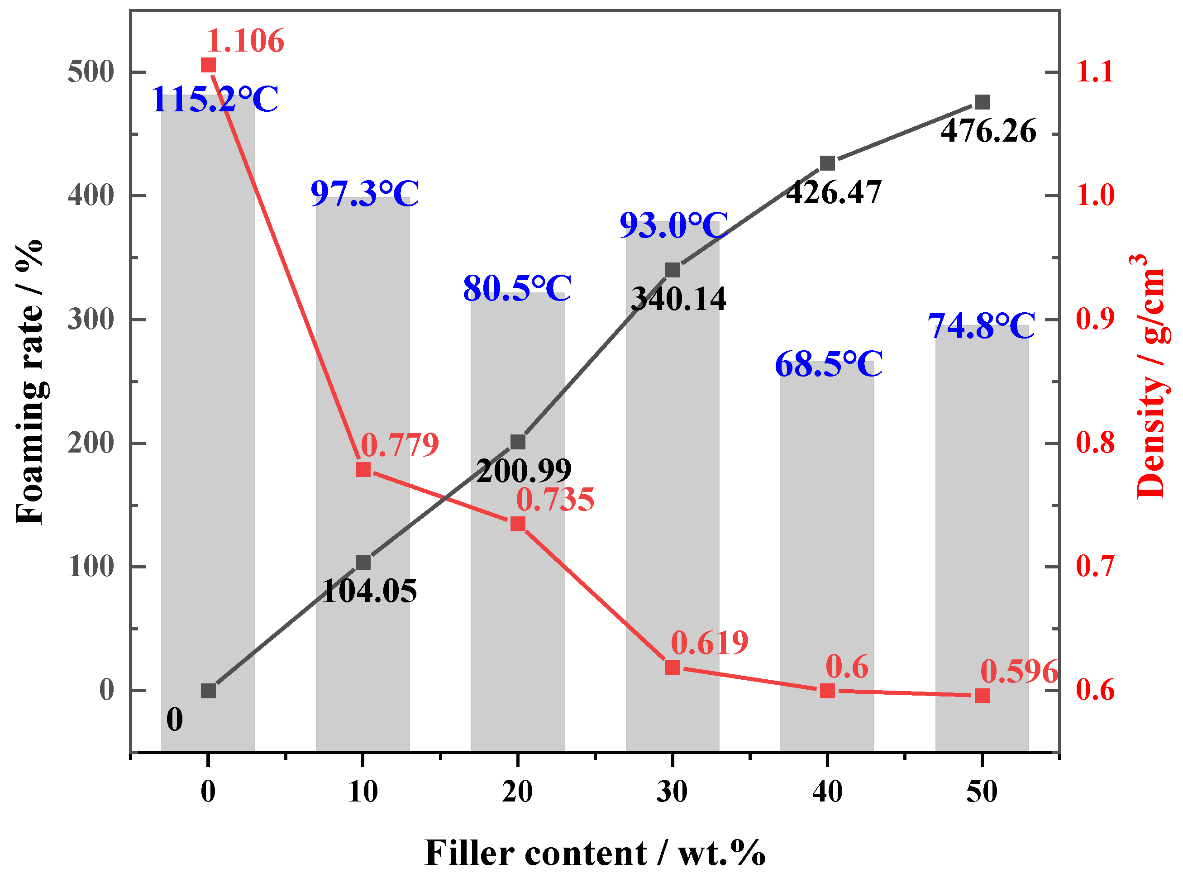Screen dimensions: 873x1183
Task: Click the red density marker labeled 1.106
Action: [x=209, y=66]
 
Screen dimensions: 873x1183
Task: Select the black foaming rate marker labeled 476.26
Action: [x=982, y=102]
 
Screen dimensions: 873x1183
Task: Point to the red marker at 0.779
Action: [x=363, y=470]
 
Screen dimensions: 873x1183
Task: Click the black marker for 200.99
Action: [x=518, y=442]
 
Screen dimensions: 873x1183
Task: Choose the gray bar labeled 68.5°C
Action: [x=827, y=555]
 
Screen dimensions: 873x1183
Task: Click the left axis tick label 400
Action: [x=91, y=196]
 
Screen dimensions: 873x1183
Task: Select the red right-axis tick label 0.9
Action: [x=1095, y=319]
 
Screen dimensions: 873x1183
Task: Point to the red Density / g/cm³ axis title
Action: [x=1152, y=376]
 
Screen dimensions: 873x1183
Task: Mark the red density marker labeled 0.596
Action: [x=982, y=696]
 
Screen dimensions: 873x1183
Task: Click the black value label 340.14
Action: [x=678, y=299]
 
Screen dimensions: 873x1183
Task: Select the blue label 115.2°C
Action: [x=215, y=100]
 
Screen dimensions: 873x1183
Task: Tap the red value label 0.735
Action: [x=555, y=499]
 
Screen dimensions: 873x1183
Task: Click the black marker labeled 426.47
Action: [x=827, y=163]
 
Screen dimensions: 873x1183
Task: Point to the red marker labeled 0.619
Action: [x=673, y=668]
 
